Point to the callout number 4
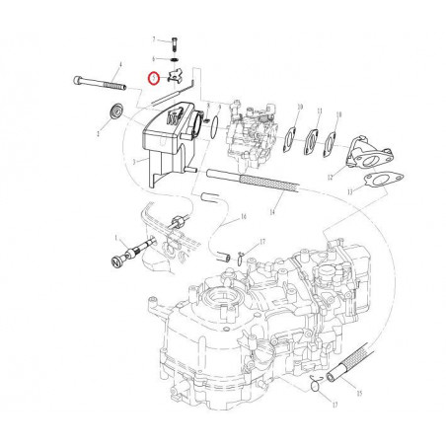[118, 64]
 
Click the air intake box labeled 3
[163, 138]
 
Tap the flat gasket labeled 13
[374, 181]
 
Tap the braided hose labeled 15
[351, 360]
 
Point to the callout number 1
[115, 238]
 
